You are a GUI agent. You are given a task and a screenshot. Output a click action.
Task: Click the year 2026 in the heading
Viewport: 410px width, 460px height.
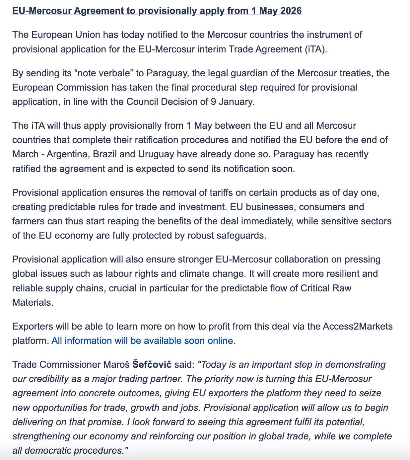pos(291,11)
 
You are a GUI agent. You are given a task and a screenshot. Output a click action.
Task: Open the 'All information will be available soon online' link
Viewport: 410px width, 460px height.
pos(142,341)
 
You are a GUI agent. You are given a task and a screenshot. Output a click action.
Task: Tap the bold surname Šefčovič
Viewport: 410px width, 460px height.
pos(152,364)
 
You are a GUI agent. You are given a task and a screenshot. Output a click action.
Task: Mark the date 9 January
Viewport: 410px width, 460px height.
pos(232,102)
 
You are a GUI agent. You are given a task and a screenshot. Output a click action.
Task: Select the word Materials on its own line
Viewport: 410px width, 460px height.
pos(33,302)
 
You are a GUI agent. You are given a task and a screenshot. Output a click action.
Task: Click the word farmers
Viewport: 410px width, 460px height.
pos(28,221)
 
